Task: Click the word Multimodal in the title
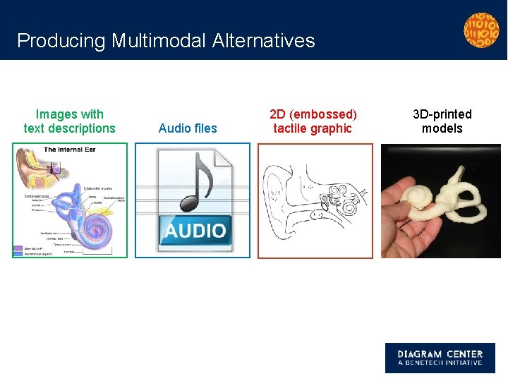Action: tap(158, 41)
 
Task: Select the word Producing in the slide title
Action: tap(61, 41)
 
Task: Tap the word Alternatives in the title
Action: tap(262, 41)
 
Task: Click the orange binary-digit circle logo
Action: tap(481, 30)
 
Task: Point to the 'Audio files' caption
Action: tap(188, 128)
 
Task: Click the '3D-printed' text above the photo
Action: tap(442, 114)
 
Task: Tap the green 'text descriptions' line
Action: tap(69, 128)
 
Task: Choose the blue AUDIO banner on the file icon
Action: tap(195, 230)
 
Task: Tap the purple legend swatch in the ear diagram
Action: tap(18, 248)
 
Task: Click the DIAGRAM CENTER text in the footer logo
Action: tap(440, 354)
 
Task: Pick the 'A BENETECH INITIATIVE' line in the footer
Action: tap(440, 363)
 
